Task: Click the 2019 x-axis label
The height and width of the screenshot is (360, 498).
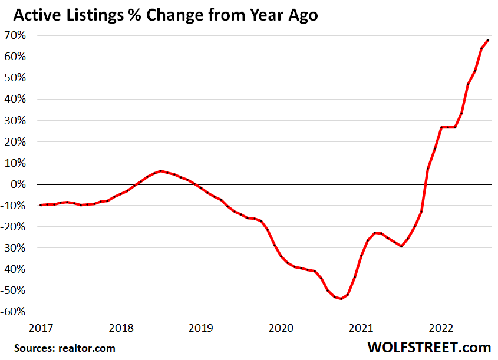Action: coord(200,328)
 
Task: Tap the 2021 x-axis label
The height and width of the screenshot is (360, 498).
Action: coord(360,328)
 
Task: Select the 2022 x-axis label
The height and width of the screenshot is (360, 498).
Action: coord(440,328)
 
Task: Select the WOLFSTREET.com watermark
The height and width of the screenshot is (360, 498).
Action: coord(428,346)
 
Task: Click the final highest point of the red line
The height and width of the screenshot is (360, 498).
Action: coord(488,40)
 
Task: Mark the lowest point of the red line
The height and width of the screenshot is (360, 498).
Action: coord(341,299)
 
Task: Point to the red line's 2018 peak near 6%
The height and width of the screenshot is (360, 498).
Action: coord(161,171)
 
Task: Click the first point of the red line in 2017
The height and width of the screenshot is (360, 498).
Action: coord(41,205)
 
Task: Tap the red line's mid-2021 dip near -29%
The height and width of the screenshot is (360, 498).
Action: coord(401,246)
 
